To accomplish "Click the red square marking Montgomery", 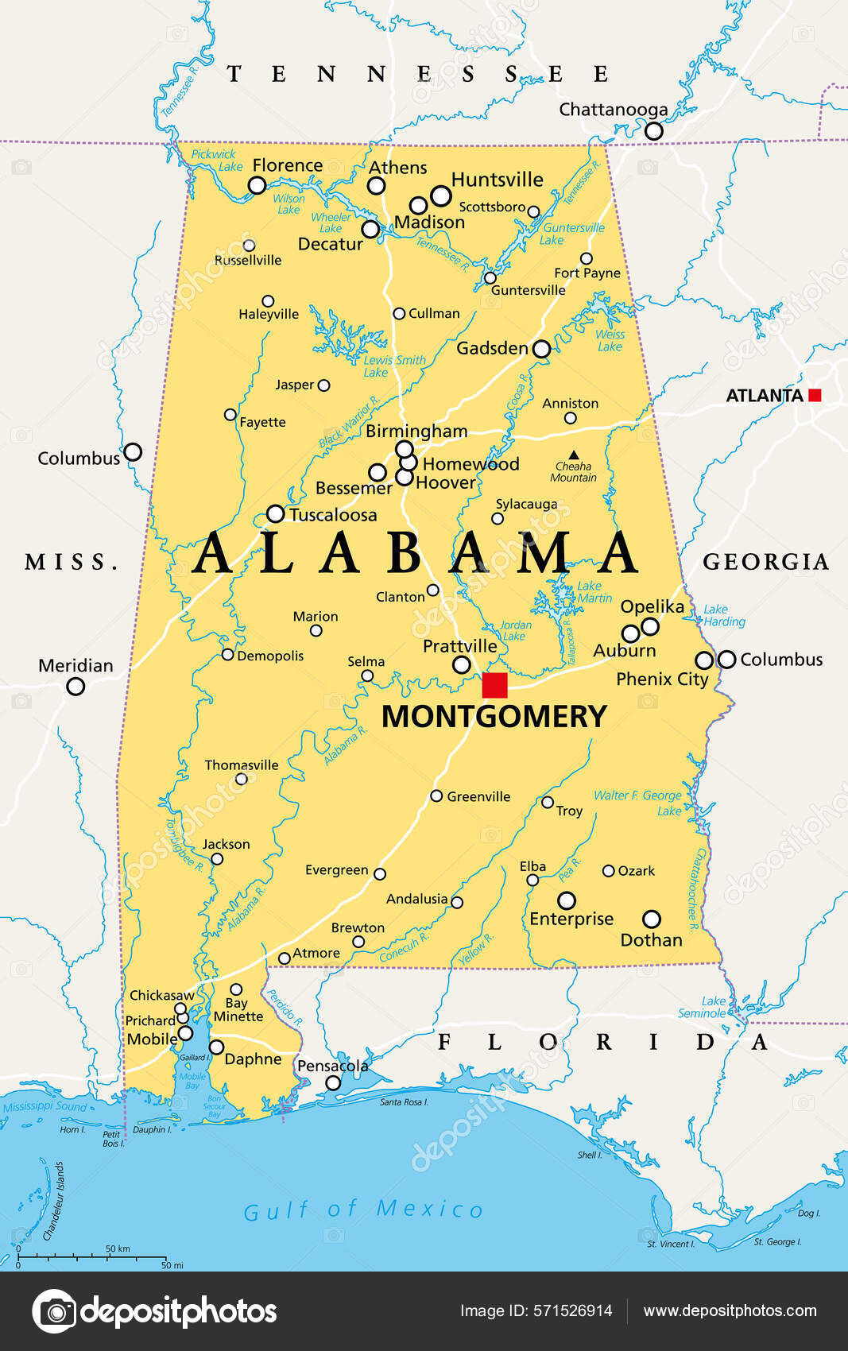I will point(494,684).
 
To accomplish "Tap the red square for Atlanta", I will point(814,395).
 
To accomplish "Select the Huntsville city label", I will point(497,180).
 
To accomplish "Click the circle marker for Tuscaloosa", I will point(275,513).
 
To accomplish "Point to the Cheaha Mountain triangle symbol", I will point(573,455).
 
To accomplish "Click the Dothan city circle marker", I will point(651,919).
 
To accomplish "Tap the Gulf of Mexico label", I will point(363,1210).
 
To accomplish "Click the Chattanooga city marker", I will point(653,131).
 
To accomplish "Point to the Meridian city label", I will point(76,665).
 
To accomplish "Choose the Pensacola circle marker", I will point(333,1082).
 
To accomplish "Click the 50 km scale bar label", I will point(118,1248).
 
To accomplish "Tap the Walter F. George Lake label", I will point(638,803).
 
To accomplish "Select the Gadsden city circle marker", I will point(541,349).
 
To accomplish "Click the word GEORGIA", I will point(765,562).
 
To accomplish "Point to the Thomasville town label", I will point(242,765).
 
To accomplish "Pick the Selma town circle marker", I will point(367,676).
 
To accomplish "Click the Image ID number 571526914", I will point(572,1311).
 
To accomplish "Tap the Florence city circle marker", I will point(257,185).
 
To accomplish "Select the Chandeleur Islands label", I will point(53,1201).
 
